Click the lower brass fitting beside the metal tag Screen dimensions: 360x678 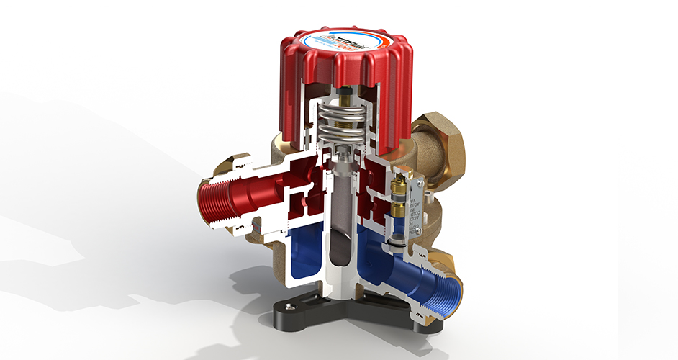397,211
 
